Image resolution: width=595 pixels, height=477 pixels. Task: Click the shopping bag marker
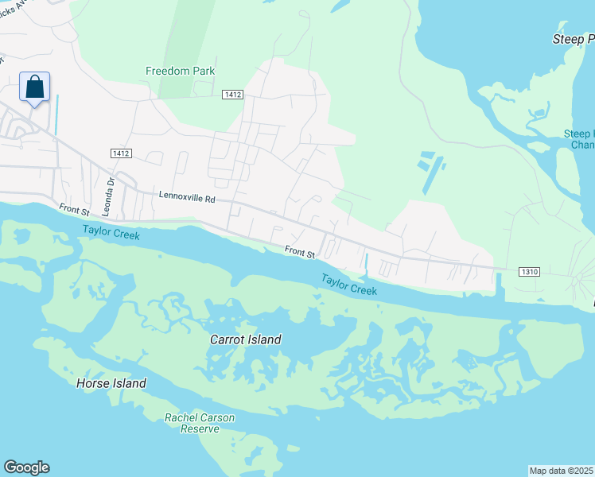(35, 87)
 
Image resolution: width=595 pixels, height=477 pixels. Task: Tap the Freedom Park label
(180, 71)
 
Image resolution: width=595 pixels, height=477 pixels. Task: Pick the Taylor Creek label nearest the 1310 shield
(348, 285)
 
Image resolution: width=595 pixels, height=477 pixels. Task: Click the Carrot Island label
(245, 339)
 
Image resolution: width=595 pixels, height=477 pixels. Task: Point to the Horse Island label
(111, 383)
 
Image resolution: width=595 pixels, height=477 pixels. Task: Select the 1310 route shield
(530, 271)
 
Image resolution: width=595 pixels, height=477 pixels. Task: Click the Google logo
(26, 467)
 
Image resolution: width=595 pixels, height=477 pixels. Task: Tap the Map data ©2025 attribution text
(561, 471)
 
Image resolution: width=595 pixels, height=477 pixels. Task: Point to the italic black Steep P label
(573, 39)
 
